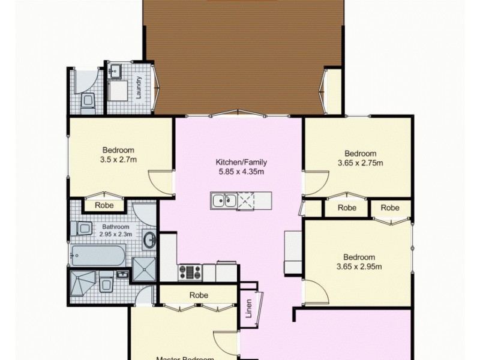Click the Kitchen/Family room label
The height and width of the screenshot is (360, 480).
tap(241, 162)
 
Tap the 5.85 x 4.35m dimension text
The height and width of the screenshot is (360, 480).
tap(241, 172)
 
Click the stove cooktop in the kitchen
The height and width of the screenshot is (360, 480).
tap(191, 272)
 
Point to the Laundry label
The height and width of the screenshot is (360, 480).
tap(139, 88)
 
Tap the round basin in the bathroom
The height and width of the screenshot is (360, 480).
tap(149, 241)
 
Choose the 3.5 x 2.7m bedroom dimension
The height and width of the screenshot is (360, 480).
tap(118, 160)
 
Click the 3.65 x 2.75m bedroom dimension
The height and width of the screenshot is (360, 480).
tap(361, 163)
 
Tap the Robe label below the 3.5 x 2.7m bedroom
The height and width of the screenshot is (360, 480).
tap(104, 205)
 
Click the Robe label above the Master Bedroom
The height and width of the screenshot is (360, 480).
tap(199, 295)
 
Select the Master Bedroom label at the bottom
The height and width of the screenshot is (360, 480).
tap(185, 358)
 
